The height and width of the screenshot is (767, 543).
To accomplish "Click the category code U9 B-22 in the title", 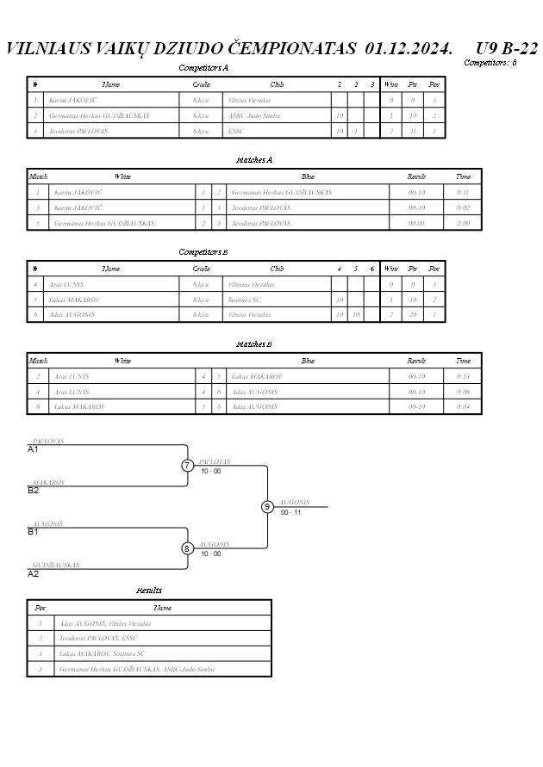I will (x=507, y=47).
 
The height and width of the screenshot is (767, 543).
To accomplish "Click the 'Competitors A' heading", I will (x=203, y=67).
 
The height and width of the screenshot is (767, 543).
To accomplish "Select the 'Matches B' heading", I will (x=254, y=344).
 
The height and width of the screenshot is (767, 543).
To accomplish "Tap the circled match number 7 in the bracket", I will (x=188, y=466).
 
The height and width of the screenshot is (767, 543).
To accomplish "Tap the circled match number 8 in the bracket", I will (x=188, y=548).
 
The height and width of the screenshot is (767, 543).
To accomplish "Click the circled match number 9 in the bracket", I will (x=267, y=506).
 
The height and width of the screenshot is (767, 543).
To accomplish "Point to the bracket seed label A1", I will (x=34, y=449).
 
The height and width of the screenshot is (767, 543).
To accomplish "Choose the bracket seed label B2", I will (x=34, y=491).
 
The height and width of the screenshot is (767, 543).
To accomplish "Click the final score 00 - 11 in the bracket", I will (x=290, y=512).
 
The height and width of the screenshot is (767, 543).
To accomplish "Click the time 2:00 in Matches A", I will (x=463, y=223).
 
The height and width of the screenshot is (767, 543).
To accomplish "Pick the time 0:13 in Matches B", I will (x=463, y=377).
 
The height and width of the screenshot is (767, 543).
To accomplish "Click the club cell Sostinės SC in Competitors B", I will (x=245, y=300).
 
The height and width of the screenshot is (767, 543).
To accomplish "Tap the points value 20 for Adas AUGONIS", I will (x=413, y=315).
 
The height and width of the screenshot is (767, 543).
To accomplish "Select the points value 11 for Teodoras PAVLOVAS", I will (x=413, y=131).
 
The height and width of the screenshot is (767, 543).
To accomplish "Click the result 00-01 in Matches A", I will (x=416, y=223).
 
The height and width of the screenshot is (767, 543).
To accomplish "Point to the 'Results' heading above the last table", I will (x=149, y=591).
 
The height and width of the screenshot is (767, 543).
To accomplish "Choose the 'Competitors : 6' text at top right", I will (x=490, y=62).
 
